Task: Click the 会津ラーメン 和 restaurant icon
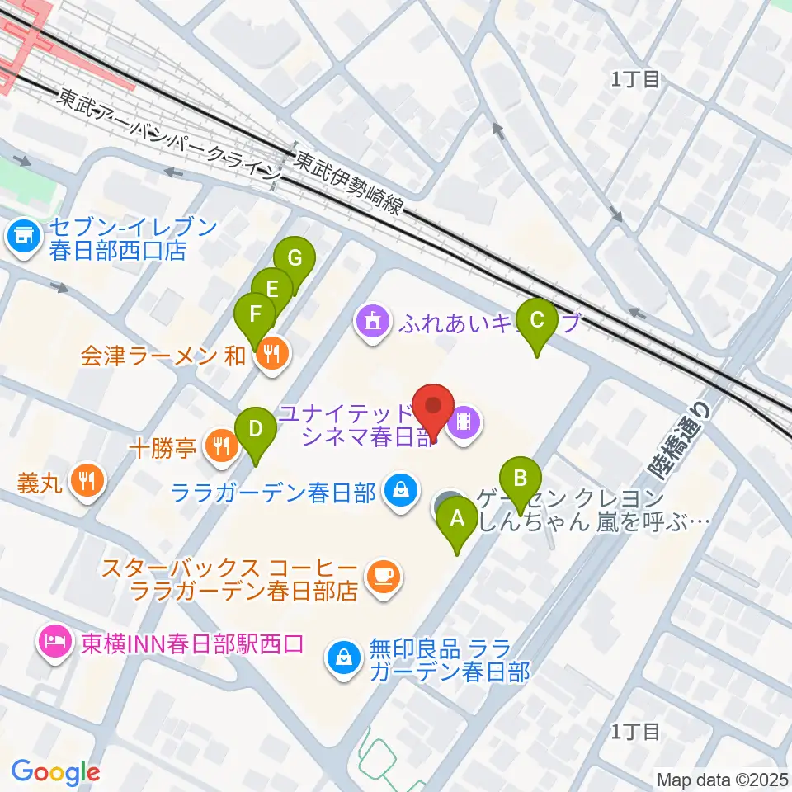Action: click(272, 355)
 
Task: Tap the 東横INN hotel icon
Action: click(54, 641)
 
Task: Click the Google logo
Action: click(55, 772)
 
